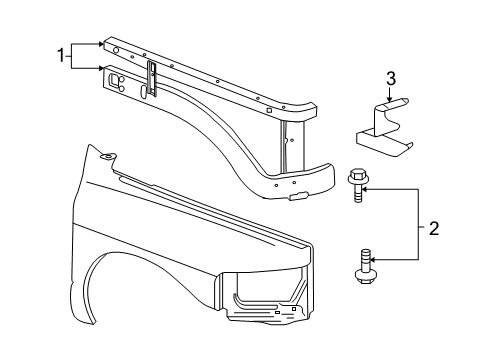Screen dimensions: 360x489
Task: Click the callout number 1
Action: [61, 55]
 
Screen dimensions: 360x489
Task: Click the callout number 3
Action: [391, 78]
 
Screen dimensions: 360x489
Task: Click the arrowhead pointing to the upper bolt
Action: [376, 185]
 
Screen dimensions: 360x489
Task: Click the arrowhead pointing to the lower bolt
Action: [376, 262]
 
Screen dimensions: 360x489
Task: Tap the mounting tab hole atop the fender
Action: [108, 154]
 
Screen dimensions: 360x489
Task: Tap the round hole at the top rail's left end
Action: [117, 49]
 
